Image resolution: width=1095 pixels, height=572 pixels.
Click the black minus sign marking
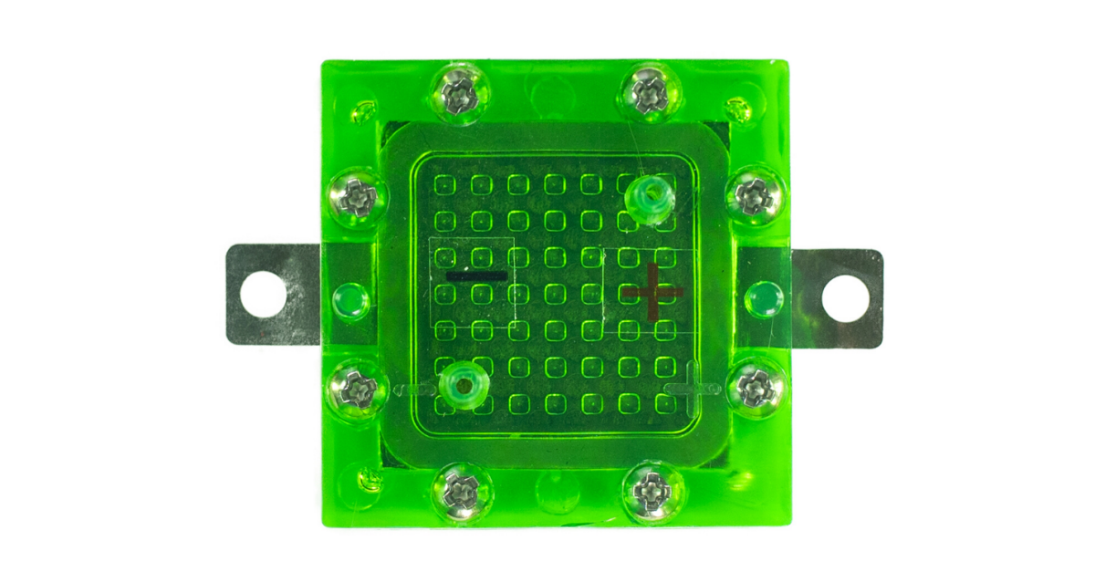[x=475, y=275]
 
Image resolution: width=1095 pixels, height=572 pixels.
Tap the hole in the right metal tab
[x=843, y=297]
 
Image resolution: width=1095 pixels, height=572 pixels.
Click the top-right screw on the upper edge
[x=650, y=91]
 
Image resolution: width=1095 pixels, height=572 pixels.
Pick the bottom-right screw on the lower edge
[x=651, y=493]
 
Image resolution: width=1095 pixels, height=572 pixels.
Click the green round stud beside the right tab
[x=763, y=297]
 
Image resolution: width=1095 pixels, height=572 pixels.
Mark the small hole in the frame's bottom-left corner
[x=370, y=479]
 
